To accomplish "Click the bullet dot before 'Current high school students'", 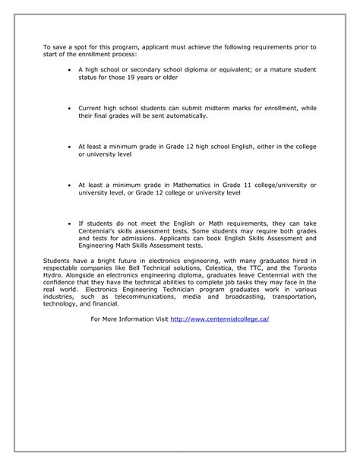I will [70, 109].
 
